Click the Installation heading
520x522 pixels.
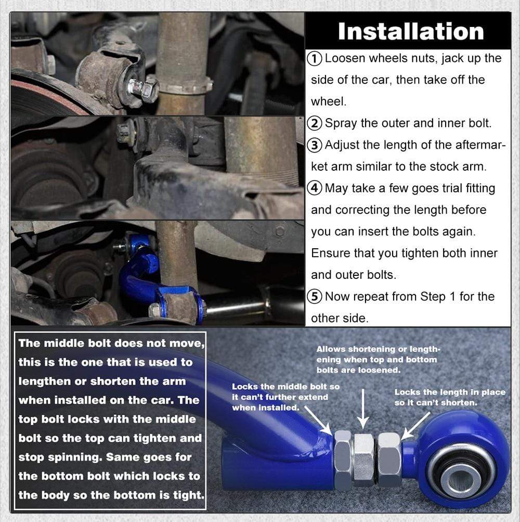(x=411, y=32)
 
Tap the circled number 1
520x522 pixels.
(x=315, y=59)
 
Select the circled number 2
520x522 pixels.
(x=315, y=123)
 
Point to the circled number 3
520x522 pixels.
(x=315, y=146)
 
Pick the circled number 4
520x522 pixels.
(x=315, y=188)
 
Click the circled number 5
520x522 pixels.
(x=315, y=297)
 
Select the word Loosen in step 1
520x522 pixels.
(x=345, y=59)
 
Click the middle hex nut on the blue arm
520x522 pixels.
(x=363, y=460)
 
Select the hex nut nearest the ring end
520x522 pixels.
(x=389, y=460)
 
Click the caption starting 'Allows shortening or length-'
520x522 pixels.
(x=378, y=360)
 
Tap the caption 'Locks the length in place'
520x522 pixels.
(x=450, y=392)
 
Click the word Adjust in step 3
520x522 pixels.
(x=342, y=146)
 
